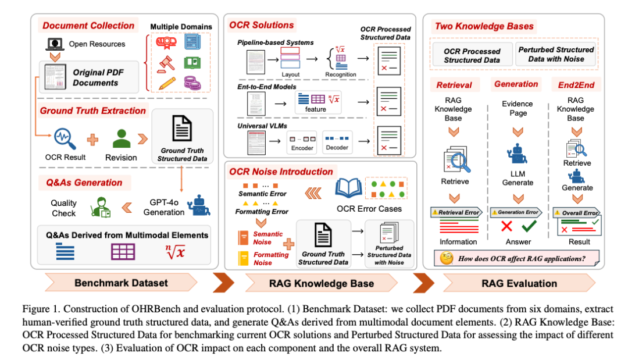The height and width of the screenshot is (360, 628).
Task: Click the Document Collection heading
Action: tap(88, 26)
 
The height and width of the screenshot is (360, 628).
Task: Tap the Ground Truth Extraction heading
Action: tap(92, 111)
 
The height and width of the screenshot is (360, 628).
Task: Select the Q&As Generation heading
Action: tap(84, 183)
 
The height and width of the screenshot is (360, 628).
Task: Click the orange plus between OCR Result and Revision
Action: tap(93, 139)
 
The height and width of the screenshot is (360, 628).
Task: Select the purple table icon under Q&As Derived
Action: tap(123, 251)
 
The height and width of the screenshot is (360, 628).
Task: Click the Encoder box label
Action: tap(302, 148)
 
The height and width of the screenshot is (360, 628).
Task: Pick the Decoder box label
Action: tap(337, 148)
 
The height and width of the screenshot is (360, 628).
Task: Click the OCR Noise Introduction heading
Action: tap(281, 172)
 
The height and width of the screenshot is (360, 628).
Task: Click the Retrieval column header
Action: tap(454, 85)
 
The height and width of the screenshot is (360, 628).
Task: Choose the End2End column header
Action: tap(575, 85)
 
